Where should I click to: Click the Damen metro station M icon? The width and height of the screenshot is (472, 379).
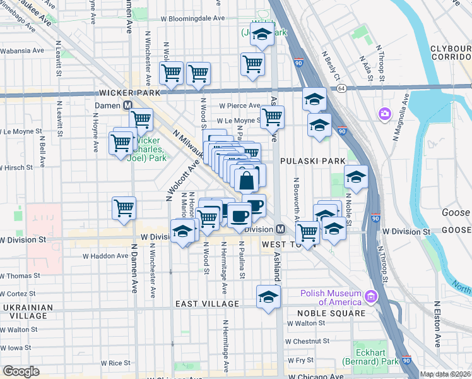[127, 105]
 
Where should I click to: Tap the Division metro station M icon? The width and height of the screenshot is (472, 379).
[281, 229]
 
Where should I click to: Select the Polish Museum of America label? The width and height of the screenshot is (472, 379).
[332, 297]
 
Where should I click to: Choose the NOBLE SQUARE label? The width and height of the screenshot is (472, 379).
[335, 313]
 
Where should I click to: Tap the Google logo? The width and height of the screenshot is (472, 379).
[21, 371]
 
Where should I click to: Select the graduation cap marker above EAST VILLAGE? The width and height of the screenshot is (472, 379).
[268, 296]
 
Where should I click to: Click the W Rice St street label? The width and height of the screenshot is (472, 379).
[115, 363]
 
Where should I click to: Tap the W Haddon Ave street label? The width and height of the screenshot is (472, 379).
[105, 256]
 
